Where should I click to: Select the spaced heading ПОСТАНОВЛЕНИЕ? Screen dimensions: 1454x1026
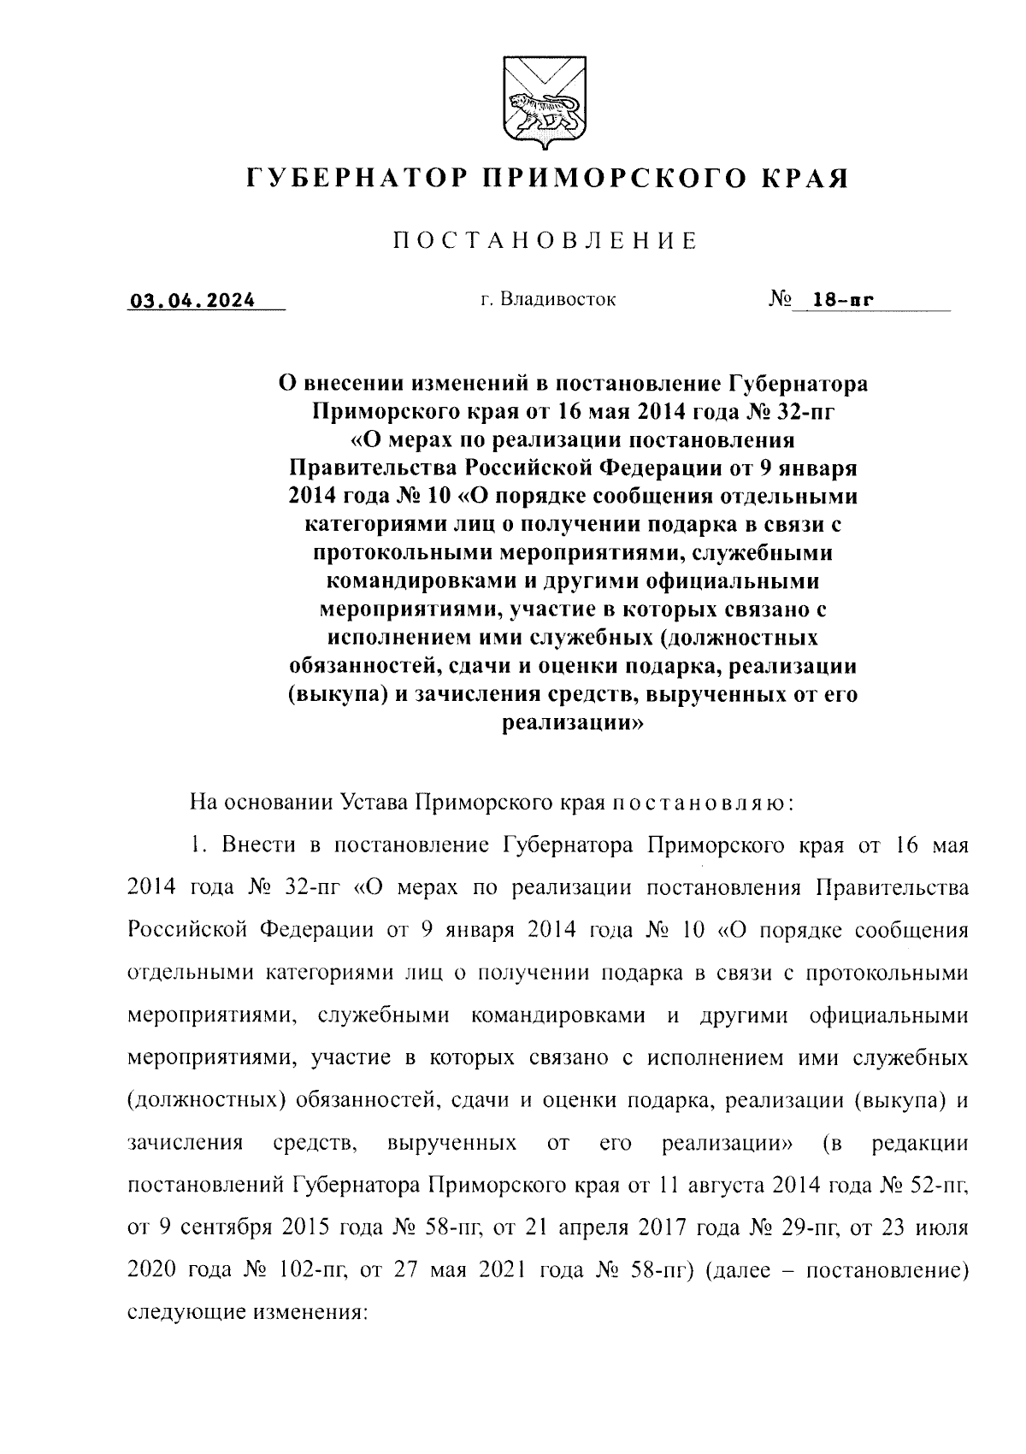(545, 242)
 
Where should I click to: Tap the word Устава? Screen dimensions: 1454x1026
(373, 804)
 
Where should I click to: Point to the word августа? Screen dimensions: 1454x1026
(724, 1186)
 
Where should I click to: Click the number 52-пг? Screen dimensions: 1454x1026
(933, 1186)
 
